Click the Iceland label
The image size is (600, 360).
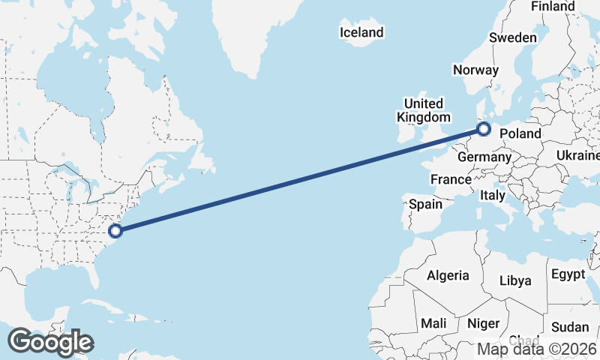tap(361, 32)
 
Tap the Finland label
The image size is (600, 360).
tap(553, 7)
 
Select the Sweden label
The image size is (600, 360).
tap(512, 37)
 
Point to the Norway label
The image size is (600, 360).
tap(475, 70)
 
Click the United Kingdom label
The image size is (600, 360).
tap(424, 110)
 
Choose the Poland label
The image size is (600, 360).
tap(520, 133)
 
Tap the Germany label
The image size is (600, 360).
tap(484, 157)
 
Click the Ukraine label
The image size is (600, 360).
tap(578, 155)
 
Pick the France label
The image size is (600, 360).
tap(451, 180)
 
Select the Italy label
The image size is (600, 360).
tap(493, 195)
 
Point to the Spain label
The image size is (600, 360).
tap(425, 204)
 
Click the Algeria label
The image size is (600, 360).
tap(448, 275)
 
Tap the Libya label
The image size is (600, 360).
tap(515, 280)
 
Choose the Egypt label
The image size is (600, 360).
tap(568, 274)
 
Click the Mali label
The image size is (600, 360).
tap(433, 323)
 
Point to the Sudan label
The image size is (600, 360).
tap(570, 327)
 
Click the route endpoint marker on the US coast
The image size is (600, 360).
tap(115, 230)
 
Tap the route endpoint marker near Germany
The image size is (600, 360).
tap(484, 130)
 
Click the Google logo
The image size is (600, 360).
tap(50, 342)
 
